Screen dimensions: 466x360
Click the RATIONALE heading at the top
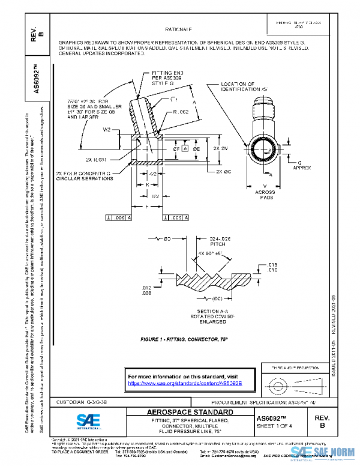pos(179,29)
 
